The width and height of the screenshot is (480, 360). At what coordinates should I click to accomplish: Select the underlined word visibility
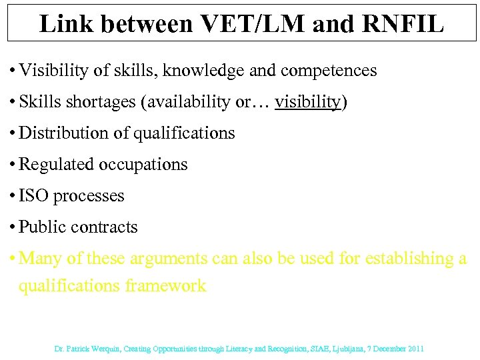click(308, 102)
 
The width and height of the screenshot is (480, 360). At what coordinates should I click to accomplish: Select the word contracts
click(104, 227)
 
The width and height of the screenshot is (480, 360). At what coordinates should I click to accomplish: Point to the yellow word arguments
click(168, 259)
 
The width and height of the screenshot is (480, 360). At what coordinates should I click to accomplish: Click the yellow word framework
click(167, 287)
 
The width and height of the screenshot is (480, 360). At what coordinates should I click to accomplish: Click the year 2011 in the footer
click(415, 349)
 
